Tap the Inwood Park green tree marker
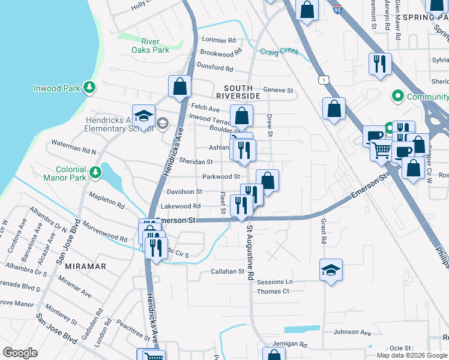(89, 88)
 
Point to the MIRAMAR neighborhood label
(81, 266)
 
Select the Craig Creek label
(279, 52)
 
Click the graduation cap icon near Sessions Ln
(331, 271)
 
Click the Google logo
(20, 353)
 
